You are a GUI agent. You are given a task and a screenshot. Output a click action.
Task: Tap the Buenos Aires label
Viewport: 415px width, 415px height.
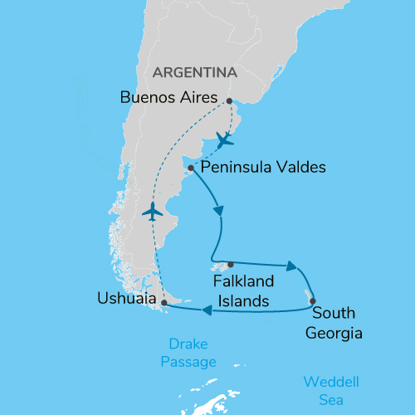point(169,96)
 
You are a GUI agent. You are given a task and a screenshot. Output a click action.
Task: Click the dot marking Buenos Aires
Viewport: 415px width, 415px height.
point(228,100)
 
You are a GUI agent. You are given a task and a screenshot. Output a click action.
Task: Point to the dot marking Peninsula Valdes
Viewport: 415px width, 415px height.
point(191,168)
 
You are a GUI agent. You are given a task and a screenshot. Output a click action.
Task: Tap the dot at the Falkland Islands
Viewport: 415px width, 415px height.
point(230,264)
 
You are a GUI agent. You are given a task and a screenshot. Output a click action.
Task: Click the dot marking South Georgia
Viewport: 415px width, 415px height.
point(312,301)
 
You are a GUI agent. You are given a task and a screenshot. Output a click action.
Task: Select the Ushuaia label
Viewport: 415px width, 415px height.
point(124,298)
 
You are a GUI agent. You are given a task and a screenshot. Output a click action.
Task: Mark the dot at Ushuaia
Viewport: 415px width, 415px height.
point(164,303)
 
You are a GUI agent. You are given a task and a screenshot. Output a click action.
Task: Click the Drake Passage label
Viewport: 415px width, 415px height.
point(193,352)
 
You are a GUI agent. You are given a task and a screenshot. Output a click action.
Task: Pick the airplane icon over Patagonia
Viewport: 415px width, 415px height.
point(151,212)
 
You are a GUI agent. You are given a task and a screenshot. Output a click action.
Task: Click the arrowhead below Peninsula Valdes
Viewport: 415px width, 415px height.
point(220,212)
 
